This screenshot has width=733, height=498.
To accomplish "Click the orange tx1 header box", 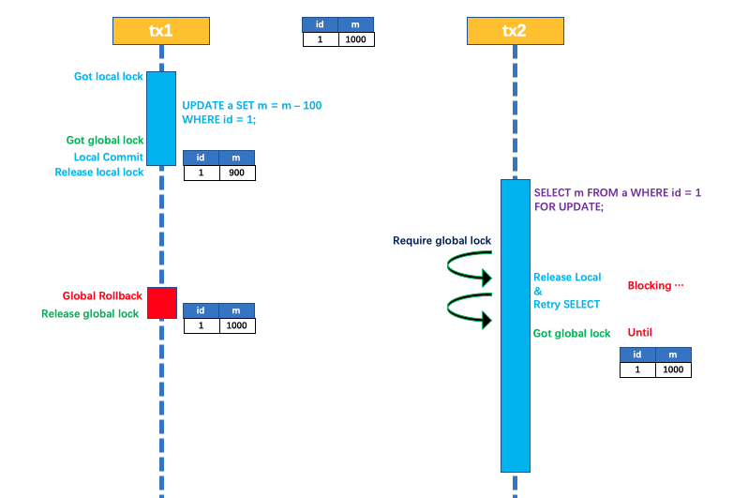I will point(160,31).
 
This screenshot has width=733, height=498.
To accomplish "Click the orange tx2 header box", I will point(515,31).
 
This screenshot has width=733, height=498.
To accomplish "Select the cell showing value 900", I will point(236,174).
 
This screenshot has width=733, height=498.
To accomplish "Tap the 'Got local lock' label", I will point(109,76).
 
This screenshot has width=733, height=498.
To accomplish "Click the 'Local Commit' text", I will point(109,157).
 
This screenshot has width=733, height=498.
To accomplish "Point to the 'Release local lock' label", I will point(99,172).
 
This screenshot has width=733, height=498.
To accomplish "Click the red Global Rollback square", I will point(161,303).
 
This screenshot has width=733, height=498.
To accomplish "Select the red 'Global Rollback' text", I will point(102,295).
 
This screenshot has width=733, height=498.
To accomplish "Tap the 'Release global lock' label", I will point(90,313).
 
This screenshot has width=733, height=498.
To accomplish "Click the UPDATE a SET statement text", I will point(251,113).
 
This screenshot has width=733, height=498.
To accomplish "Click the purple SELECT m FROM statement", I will point(617,199).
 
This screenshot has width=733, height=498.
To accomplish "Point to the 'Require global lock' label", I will point(441,241).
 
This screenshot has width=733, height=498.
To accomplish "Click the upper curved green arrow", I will point(469,270).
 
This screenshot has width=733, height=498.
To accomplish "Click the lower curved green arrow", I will point(469,310).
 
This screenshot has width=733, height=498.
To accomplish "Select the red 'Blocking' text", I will point(655,285).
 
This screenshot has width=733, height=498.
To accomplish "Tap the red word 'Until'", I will point(639,332).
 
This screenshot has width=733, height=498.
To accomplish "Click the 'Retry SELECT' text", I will point(566,304).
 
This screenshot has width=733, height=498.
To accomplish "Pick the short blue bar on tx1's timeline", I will point(161,118).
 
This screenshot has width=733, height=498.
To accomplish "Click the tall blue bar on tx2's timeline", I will point(515,324).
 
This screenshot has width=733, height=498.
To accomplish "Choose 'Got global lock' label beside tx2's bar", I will point(572,333).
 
